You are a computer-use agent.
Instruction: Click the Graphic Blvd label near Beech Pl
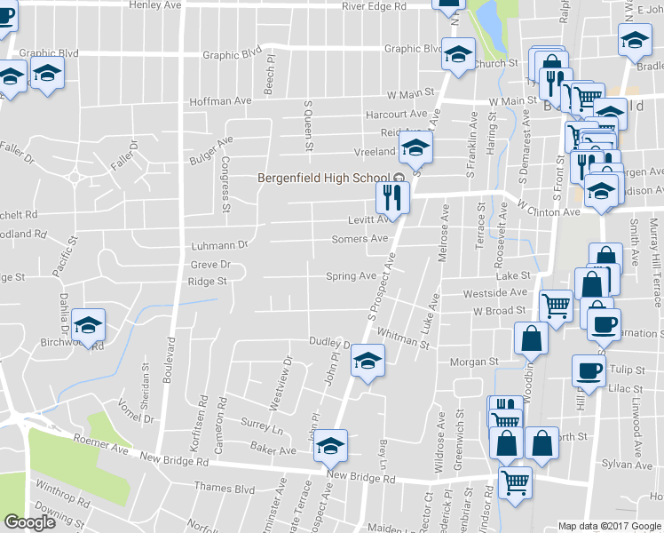pos(233,55)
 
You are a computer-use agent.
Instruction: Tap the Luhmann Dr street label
pos(217,244)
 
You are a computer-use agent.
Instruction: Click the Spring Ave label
pos(352,276)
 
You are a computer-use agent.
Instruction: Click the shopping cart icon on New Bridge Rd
pos(515,483)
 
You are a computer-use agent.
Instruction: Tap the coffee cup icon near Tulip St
pos(588,370)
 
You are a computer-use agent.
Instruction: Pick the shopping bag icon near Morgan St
pos(531,338)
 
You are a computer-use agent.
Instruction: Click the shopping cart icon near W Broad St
pos(556,306)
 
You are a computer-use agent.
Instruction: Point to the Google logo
pos(29,523)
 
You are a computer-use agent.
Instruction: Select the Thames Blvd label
pos(225,489)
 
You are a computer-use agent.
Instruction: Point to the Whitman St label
pos(403,338)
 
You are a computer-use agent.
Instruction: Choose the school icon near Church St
pos(458,55)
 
